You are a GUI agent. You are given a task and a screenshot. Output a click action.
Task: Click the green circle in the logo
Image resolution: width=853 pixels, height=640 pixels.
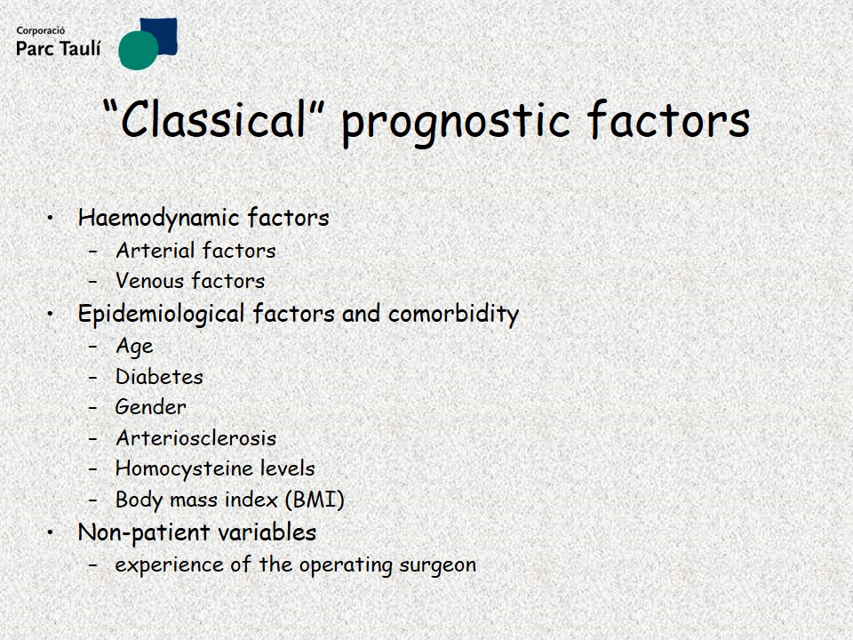139,51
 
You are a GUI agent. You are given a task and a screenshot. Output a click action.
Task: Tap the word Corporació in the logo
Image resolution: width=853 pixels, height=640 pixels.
40,31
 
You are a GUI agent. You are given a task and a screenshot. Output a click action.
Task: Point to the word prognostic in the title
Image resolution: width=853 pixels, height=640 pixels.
456,123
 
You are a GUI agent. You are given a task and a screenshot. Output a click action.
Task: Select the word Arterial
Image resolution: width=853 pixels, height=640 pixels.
155,251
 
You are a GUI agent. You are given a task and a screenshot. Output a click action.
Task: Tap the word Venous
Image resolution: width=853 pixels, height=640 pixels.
150,281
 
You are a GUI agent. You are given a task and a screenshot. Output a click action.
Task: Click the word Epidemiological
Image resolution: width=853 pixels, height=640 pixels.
161,315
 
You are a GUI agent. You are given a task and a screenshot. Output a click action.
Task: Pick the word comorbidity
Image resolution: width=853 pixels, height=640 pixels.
454,314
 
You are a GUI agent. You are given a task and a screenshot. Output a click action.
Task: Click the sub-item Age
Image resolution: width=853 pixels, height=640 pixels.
134,347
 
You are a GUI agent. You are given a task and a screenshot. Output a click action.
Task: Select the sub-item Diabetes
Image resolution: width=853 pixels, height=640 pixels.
159,377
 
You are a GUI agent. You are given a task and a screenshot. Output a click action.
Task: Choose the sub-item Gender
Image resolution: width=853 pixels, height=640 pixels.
151,407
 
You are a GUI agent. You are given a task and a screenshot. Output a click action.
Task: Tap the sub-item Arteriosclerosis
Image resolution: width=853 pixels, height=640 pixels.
195,438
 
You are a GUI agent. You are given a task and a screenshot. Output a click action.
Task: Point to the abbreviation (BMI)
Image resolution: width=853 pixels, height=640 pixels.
315,500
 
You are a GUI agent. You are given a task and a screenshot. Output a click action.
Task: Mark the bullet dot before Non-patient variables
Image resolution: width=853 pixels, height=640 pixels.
51,532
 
